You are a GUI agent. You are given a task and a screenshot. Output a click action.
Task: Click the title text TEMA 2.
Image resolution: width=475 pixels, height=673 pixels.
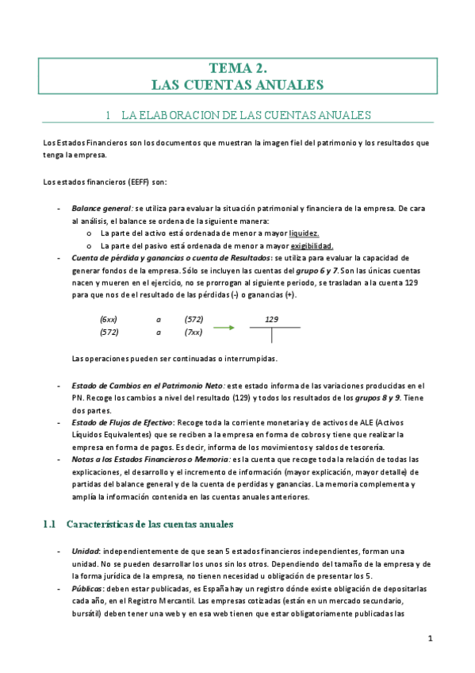pos(239,69)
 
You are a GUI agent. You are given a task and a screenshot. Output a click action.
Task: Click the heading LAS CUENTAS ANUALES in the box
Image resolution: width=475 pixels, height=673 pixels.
pos(239,84)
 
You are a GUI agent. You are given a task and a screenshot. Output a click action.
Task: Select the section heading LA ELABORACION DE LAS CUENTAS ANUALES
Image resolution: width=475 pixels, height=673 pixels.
pos(246,116)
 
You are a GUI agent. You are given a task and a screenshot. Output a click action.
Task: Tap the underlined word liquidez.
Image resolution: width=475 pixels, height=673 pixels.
pos(305,234)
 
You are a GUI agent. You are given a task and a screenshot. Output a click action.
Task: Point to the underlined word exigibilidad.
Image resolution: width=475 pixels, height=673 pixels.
pos(312,246)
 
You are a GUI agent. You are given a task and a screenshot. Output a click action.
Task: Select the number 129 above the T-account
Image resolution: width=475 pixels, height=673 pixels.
pos(271,320)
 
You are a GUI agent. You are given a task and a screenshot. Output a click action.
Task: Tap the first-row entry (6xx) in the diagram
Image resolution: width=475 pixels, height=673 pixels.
pos(109,319)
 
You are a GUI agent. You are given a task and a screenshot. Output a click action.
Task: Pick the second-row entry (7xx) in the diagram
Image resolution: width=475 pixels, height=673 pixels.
pos(193,332)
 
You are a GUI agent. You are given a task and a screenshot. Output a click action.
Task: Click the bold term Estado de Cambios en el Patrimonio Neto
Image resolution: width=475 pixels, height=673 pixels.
pos(138,386)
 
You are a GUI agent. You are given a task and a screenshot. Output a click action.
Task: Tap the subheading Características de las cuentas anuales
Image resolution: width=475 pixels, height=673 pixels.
pos(150,525)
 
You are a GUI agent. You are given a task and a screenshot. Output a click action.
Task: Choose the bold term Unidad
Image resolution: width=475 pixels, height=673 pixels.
pos(86,552)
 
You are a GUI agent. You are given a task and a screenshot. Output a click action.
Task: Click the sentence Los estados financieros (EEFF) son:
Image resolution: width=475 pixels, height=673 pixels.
pos(105,182)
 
